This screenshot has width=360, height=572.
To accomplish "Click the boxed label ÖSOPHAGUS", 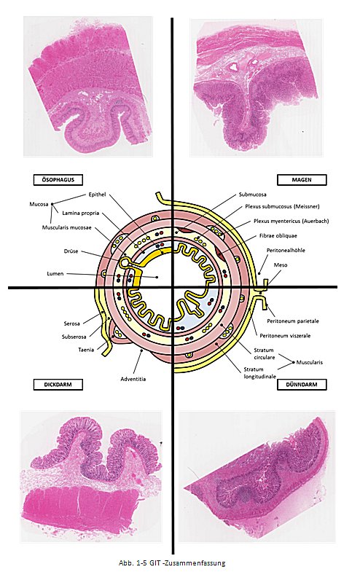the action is (x=58, y=179).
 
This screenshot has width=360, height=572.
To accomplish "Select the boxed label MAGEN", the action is (x=302, y=180).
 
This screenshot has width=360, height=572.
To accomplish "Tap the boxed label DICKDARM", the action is (x=58, y=385).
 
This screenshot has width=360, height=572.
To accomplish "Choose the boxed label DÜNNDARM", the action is (x=302, y=385).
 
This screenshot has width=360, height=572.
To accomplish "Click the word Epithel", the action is (x=98, y=195).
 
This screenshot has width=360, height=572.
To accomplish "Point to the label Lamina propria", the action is (x=81, y=213).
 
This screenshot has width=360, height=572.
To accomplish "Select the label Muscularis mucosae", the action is (x=67, y=227).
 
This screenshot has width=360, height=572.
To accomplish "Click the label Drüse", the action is (x=71, y=251).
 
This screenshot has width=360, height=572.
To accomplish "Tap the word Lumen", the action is (x=55, y=273).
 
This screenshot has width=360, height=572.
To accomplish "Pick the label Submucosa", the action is (x=252, y=195).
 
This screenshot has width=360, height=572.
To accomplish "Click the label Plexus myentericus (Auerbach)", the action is (x=291, y=221).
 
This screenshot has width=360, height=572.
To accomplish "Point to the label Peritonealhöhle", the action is (x=286, y=250).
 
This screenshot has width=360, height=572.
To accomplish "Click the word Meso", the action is (x=281, y=265).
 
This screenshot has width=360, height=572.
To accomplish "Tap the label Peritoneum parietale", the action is (x=293, y=321).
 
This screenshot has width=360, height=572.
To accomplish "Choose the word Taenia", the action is (x=86, y=350).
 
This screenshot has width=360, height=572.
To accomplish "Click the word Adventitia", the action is (x=133, y=379).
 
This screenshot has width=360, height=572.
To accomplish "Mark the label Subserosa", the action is (x=74, y=337).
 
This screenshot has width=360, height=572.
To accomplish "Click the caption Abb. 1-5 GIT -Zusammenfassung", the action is (x=172, y=563).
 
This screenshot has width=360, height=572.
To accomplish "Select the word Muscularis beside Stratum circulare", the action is (x=309, y=362).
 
